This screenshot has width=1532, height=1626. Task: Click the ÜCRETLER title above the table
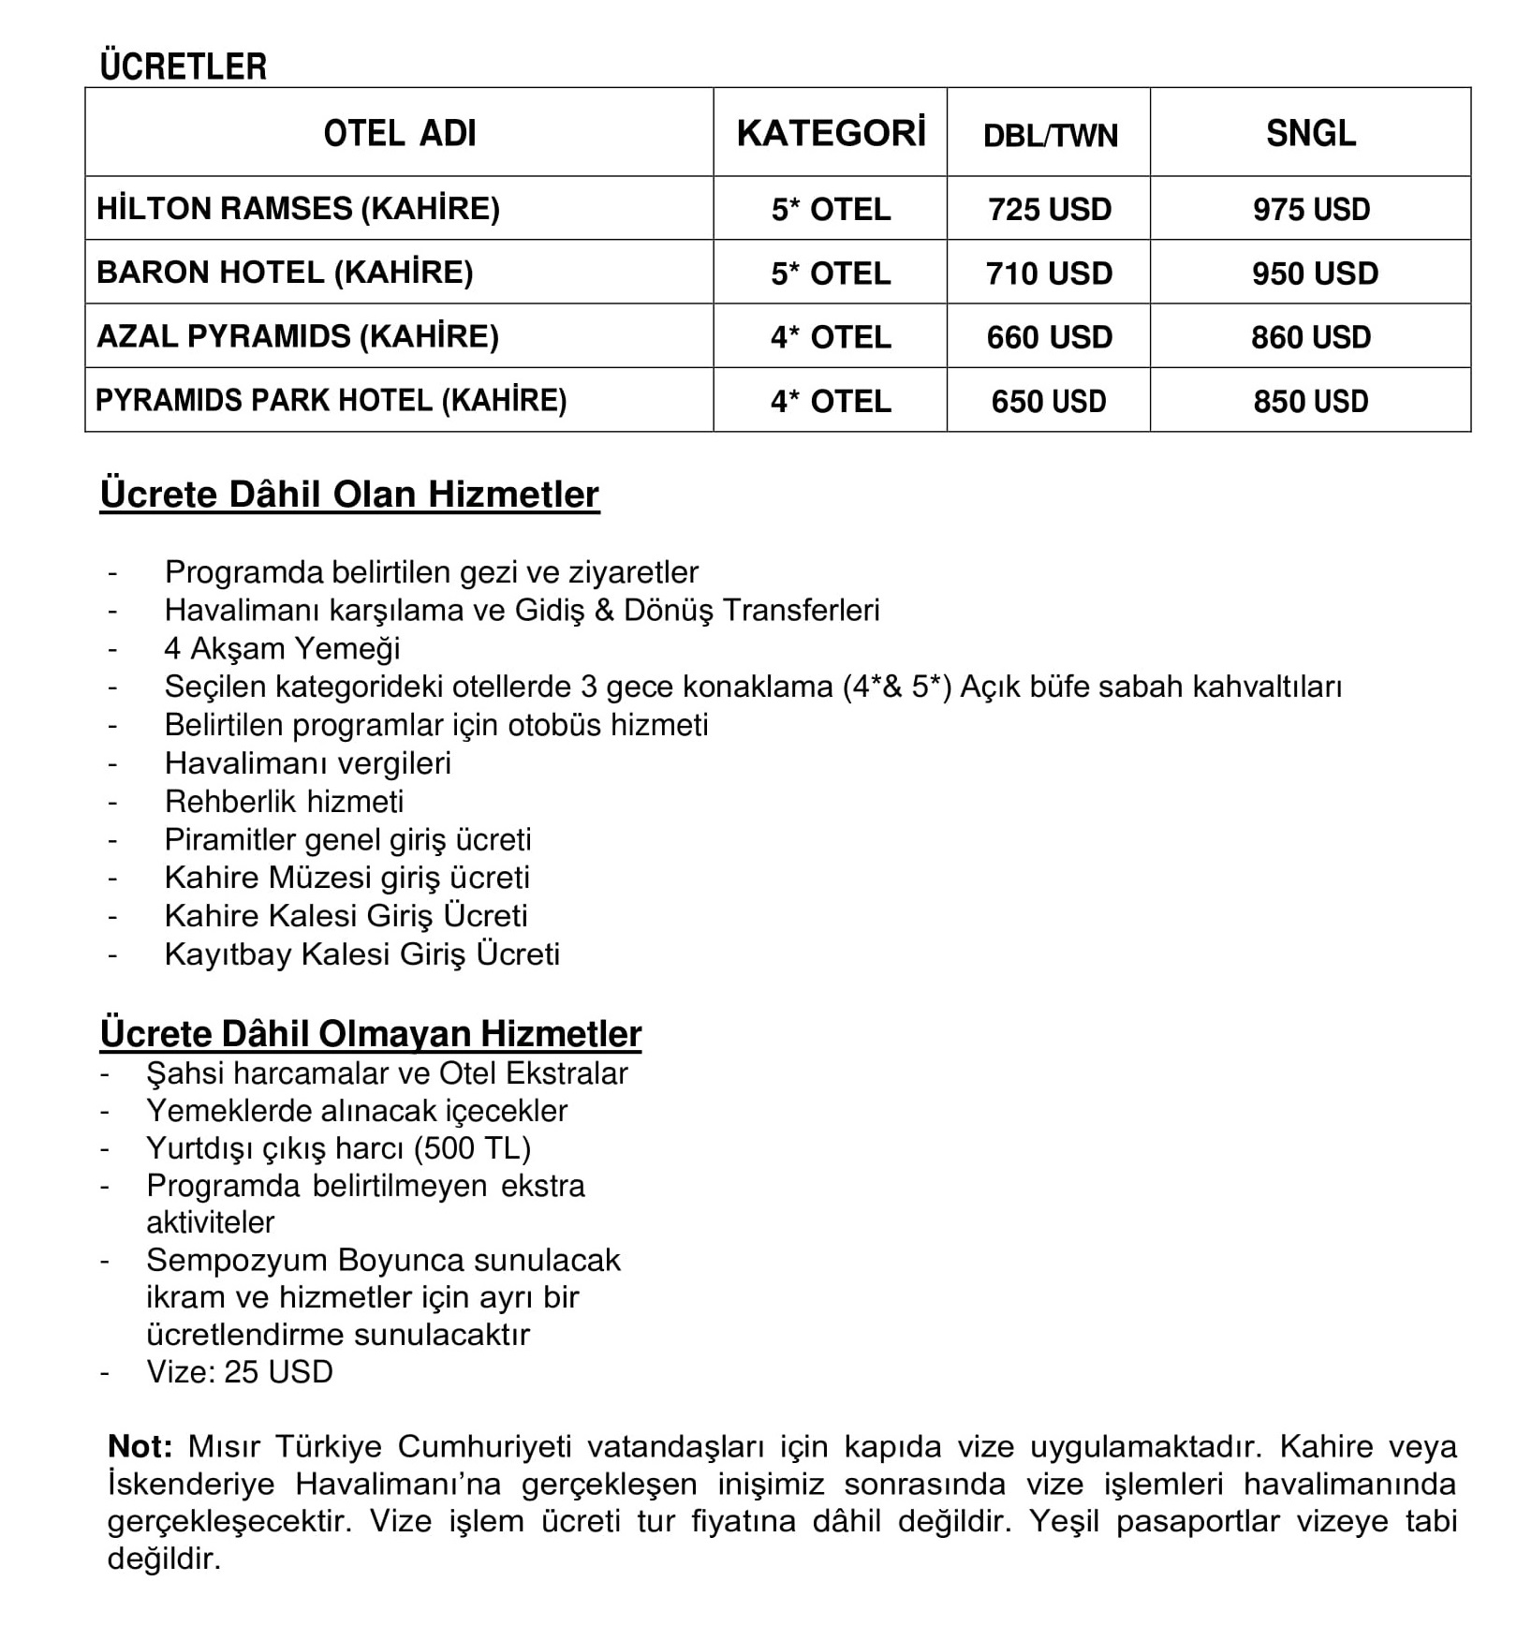click(x=184, y=67)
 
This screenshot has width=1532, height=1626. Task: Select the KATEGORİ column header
click(x=831, y=133)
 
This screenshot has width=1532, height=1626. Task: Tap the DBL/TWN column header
click(x=1050, y=136)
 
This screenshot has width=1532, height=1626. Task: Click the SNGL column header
click(x=1310, y=133)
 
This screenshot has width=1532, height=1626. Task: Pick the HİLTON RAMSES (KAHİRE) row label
click(x=298, y=208)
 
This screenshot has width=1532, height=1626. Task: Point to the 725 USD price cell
click(x=1050, y=209)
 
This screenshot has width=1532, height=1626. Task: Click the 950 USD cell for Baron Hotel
click(x=1315, y=273)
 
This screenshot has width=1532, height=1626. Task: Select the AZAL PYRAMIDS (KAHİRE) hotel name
click(x=298, y=336)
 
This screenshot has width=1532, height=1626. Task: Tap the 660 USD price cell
click(x=1050, y=337)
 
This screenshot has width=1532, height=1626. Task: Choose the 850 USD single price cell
click(x=1310, y=402)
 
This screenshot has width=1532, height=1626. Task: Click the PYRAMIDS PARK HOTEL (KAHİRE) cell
click(x=331, y=401)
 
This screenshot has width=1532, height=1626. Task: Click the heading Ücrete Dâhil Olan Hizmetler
click(x=349, y=495)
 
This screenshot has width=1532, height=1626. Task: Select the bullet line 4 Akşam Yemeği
click(x=282, y=648)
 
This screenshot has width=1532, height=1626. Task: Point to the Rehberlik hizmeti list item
click(x=284, y=802)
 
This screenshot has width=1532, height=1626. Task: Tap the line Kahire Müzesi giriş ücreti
click(x=346, y=878)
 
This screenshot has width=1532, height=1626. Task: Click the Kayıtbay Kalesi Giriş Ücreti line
click(x=361, y=954)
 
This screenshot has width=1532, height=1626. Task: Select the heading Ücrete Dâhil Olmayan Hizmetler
click(x=371, y=1034)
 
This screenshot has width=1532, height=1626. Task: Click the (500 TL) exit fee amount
click(x=472, y=1148)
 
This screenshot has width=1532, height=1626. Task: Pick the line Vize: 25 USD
click(x=240, y=1372)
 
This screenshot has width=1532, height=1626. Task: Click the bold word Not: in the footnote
click(x=140, y=1447)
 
